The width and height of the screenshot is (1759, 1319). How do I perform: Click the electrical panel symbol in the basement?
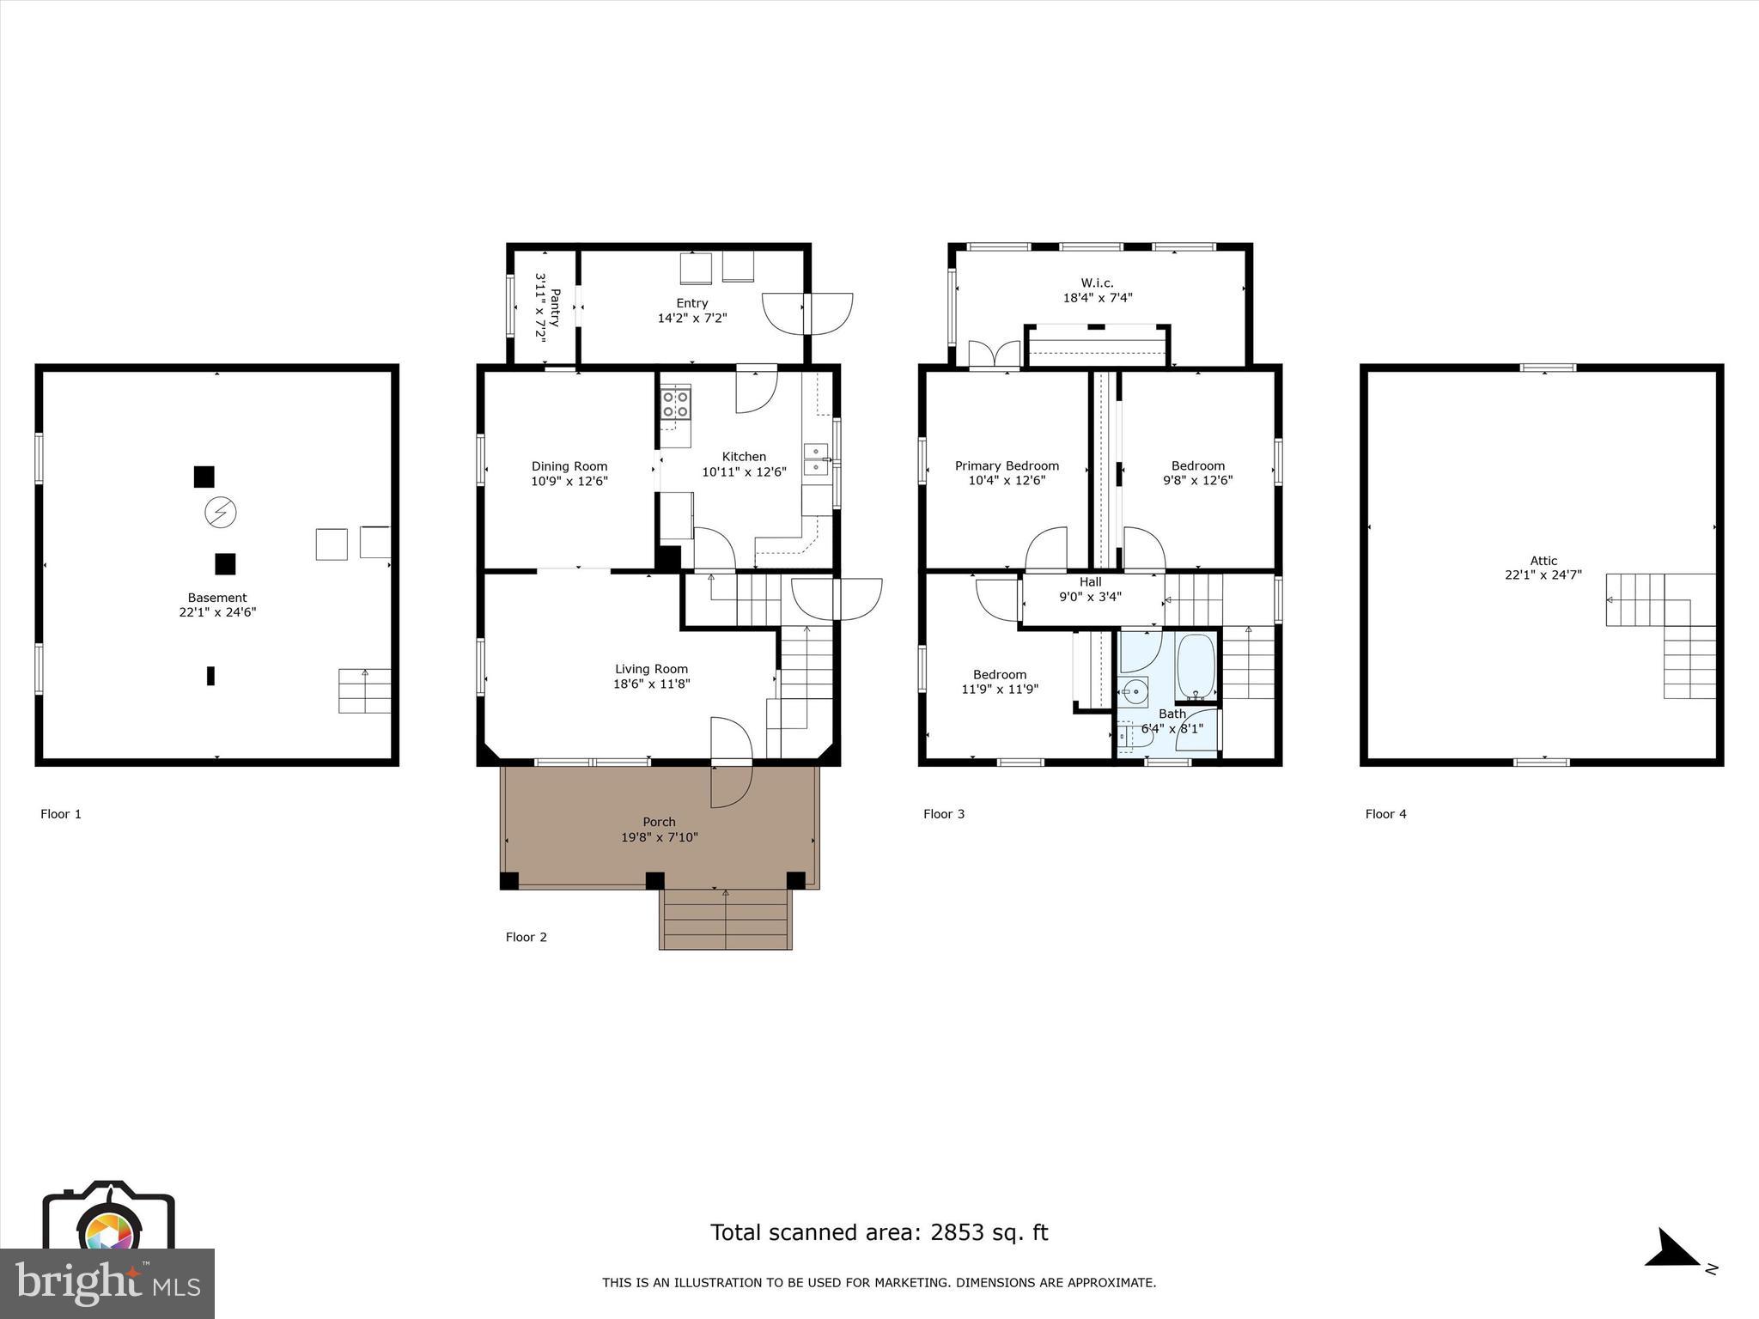pyautogui.click(x=220, y=513)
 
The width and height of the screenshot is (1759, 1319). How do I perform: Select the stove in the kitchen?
pyautogui.click(x=675, y=404)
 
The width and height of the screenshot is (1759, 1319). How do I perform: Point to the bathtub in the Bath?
pyautogui.click(x=1194, y=666)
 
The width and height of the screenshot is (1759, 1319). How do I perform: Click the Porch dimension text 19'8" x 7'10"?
pyautogui.click(x=659, y=837)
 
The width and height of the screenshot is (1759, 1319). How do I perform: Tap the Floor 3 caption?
pyautogui.click(x=943, y=814)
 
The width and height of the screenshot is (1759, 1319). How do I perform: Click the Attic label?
pyautogui.click(x=1543, y=561)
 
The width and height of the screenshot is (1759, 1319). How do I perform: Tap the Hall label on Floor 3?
pyautogui.click(x=1090, y=582)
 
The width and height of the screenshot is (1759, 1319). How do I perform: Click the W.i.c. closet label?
pyautogui.click(x=1097, y=283)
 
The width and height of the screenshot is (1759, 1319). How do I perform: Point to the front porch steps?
pyautogui.click(x=725, y=919)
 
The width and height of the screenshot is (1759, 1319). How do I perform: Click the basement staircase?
pyautogui.click(x=364, y=690)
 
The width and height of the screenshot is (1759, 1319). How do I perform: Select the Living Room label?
pyautogui.click(x=651, y=669)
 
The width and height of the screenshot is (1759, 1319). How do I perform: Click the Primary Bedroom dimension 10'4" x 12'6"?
pyautogui.click(x=1007, y=481)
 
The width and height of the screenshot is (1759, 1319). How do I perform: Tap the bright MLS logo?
pyautogui.click(x=107, y=1283)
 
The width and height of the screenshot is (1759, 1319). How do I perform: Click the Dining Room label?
pyautogui.click(x=569, y=466)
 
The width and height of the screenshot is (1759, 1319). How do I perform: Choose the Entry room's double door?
pyautogui.click(x=808, y=313)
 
